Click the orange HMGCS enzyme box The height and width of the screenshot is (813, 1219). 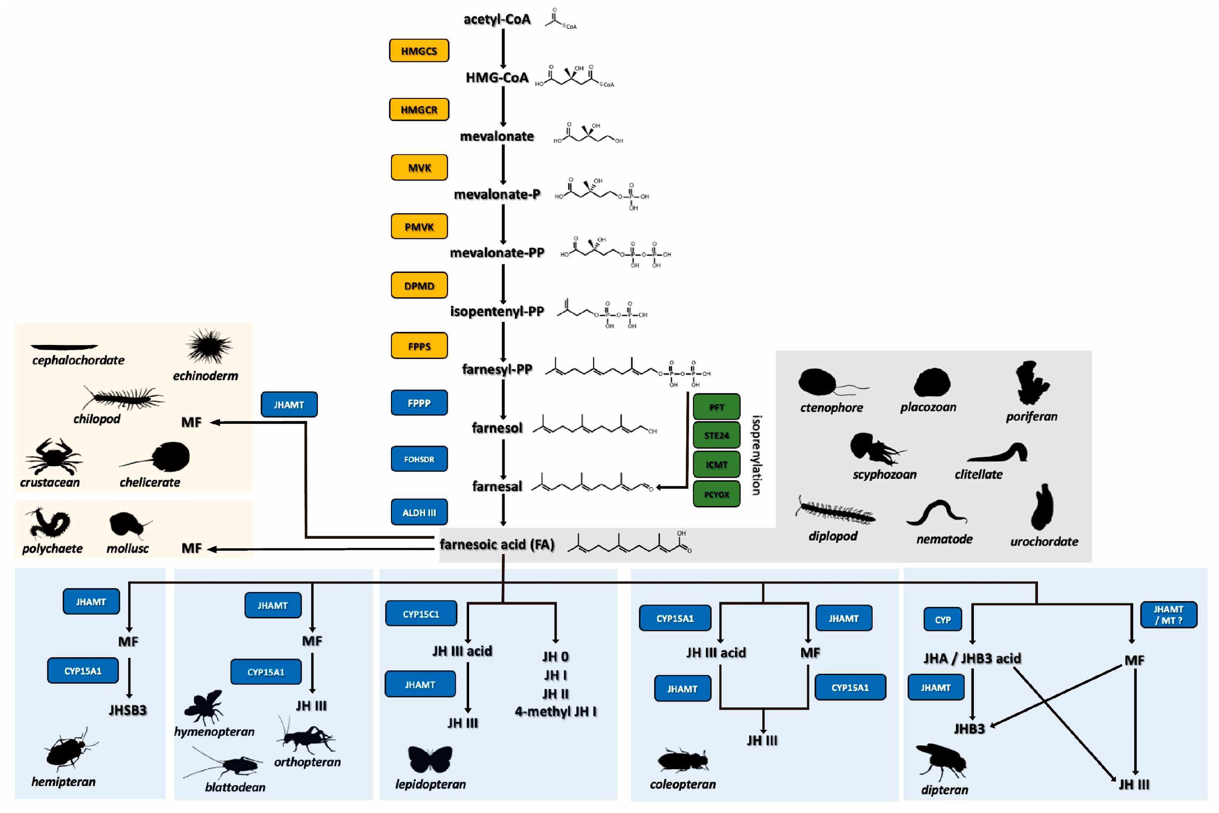419,50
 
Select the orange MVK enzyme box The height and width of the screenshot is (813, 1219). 419,167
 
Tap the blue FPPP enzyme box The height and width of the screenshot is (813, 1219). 419,403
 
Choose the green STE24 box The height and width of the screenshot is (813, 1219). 716,436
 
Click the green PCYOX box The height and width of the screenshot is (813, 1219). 716,494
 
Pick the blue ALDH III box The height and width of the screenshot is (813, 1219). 419,512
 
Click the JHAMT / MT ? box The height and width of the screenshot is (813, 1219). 1168,615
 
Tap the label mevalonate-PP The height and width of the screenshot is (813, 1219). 497,253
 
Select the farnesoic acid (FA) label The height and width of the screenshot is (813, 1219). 497,544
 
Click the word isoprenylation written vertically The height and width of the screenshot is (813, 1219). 756,455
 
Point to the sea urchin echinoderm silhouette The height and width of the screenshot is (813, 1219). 210,346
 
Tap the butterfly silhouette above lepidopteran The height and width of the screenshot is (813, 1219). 430,759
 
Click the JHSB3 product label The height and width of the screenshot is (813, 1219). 127,710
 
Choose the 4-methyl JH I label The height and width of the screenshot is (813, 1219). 555,711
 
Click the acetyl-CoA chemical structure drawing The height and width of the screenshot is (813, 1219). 561,19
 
